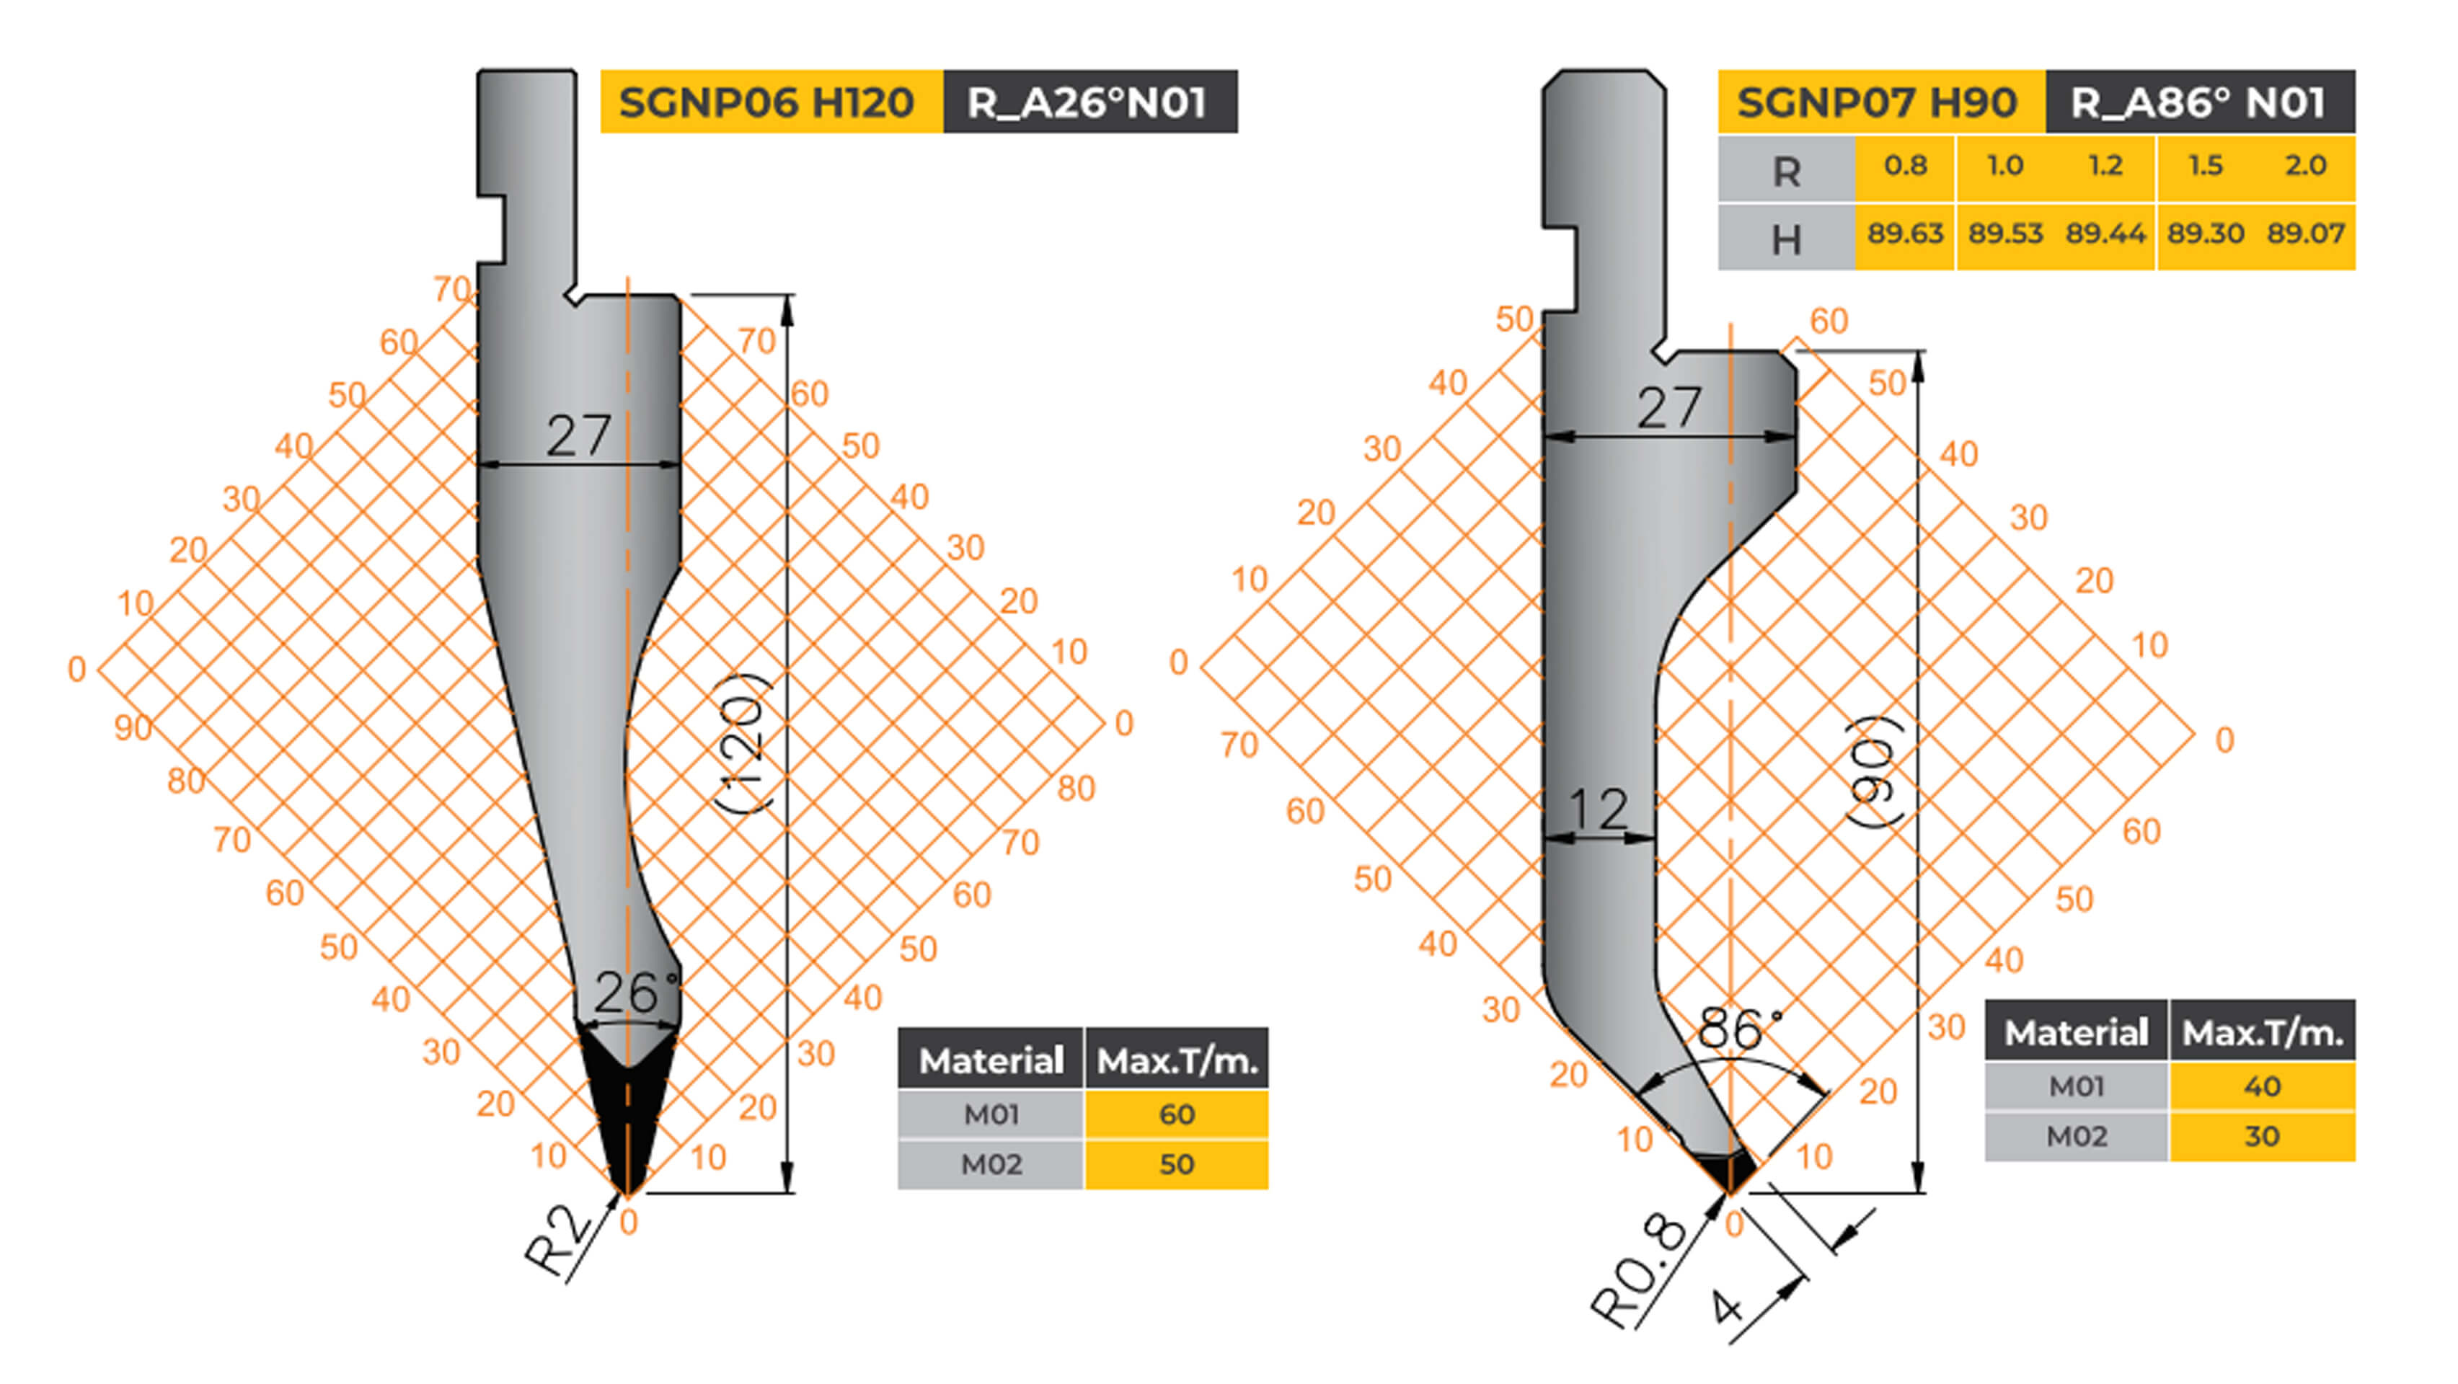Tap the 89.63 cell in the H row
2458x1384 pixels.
coord(1904,234)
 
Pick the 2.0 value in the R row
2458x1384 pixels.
coord(2305,165)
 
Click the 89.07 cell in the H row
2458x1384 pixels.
coord(2305,234)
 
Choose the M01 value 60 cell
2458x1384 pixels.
coord(1177,1114)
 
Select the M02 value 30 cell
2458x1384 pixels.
coord(2261,1136)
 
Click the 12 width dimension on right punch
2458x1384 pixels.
coord(1599,809)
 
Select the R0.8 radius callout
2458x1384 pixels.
coord(1637,1271)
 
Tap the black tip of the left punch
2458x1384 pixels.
coord(627,1125)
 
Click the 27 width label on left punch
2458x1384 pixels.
coord(578,436)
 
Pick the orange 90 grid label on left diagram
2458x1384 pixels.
coord(133,728)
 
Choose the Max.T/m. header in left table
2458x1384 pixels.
coord(1177,1060)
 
